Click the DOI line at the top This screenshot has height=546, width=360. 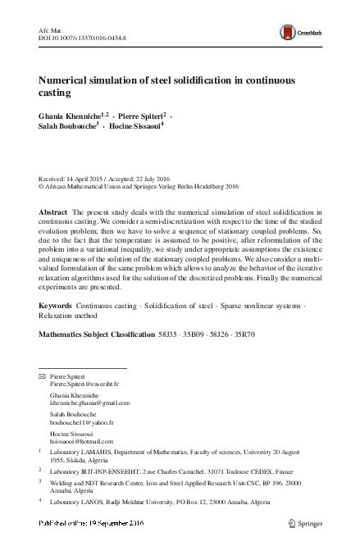(x=81, y=35)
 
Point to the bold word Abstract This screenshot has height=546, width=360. (x=55, y=212)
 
